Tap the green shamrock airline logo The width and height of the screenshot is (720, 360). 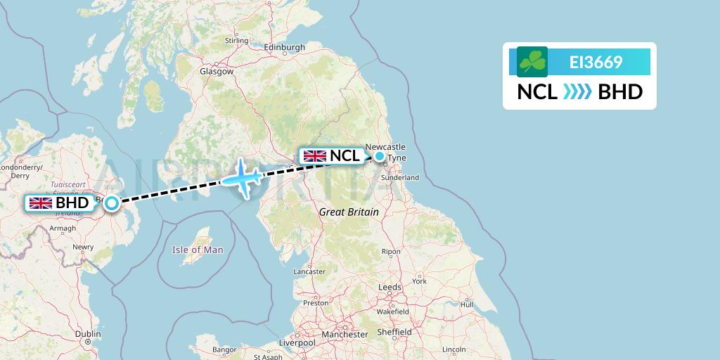pos(532,62)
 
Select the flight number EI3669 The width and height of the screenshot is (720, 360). pos(596,62)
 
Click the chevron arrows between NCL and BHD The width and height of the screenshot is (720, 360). pos(578,92)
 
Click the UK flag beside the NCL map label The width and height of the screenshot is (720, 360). pos(314,155)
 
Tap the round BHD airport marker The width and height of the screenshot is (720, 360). pos(112,204)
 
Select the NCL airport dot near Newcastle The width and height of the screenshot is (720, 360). pos(380,156)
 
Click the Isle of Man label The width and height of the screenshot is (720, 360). pos(198,250)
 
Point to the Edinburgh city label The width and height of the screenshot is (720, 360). pos(285,48)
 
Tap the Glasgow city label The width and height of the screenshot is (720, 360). pos(217,72)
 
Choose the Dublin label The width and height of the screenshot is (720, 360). pos(87,334)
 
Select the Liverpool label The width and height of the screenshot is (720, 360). pos(295,342)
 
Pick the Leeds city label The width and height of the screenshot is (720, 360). pos(390,287)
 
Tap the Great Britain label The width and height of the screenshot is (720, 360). pos(349,212)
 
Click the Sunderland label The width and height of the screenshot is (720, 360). pos(399,179)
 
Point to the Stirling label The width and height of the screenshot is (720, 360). pos(237,41)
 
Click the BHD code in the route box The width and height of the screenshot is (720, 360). pos(620,92)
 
